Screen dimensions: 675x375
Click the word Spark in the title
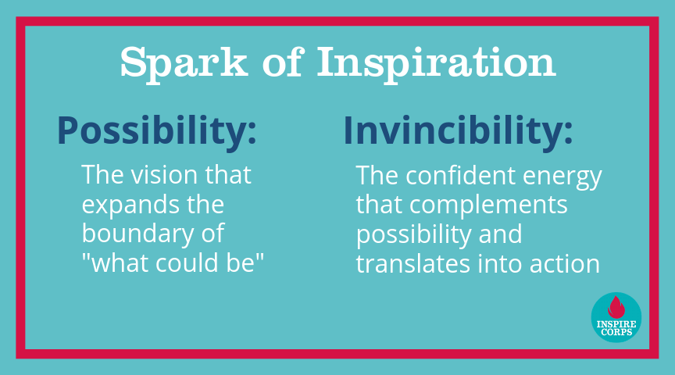(184, 63)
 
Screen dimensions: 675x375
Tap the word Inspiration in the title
(437, 63)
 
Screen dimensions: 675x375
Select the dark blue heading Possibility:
(157, 131)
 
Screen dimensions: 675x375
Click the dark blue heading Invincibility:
(458, 131)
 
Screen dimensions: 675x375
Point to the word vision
(164, 174)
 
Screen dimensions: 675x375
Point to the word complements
(488, 205)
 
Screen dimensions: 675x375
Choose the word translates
(412, 263)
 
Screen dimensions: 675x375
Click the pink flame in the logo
(616, 307)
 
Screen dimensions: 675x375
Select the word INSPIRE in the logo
(616, 324)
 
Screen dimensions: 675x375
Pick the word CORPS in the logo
(616, 332)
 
